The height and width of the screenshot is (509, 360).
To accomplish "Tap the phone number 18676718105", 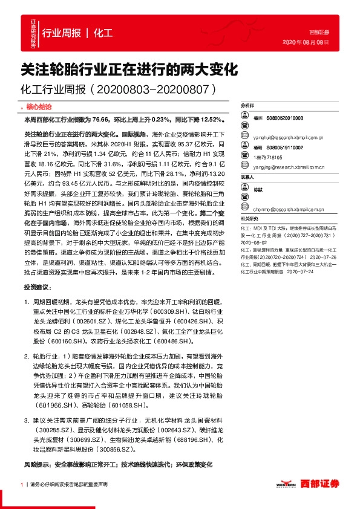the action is (267, 156).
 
